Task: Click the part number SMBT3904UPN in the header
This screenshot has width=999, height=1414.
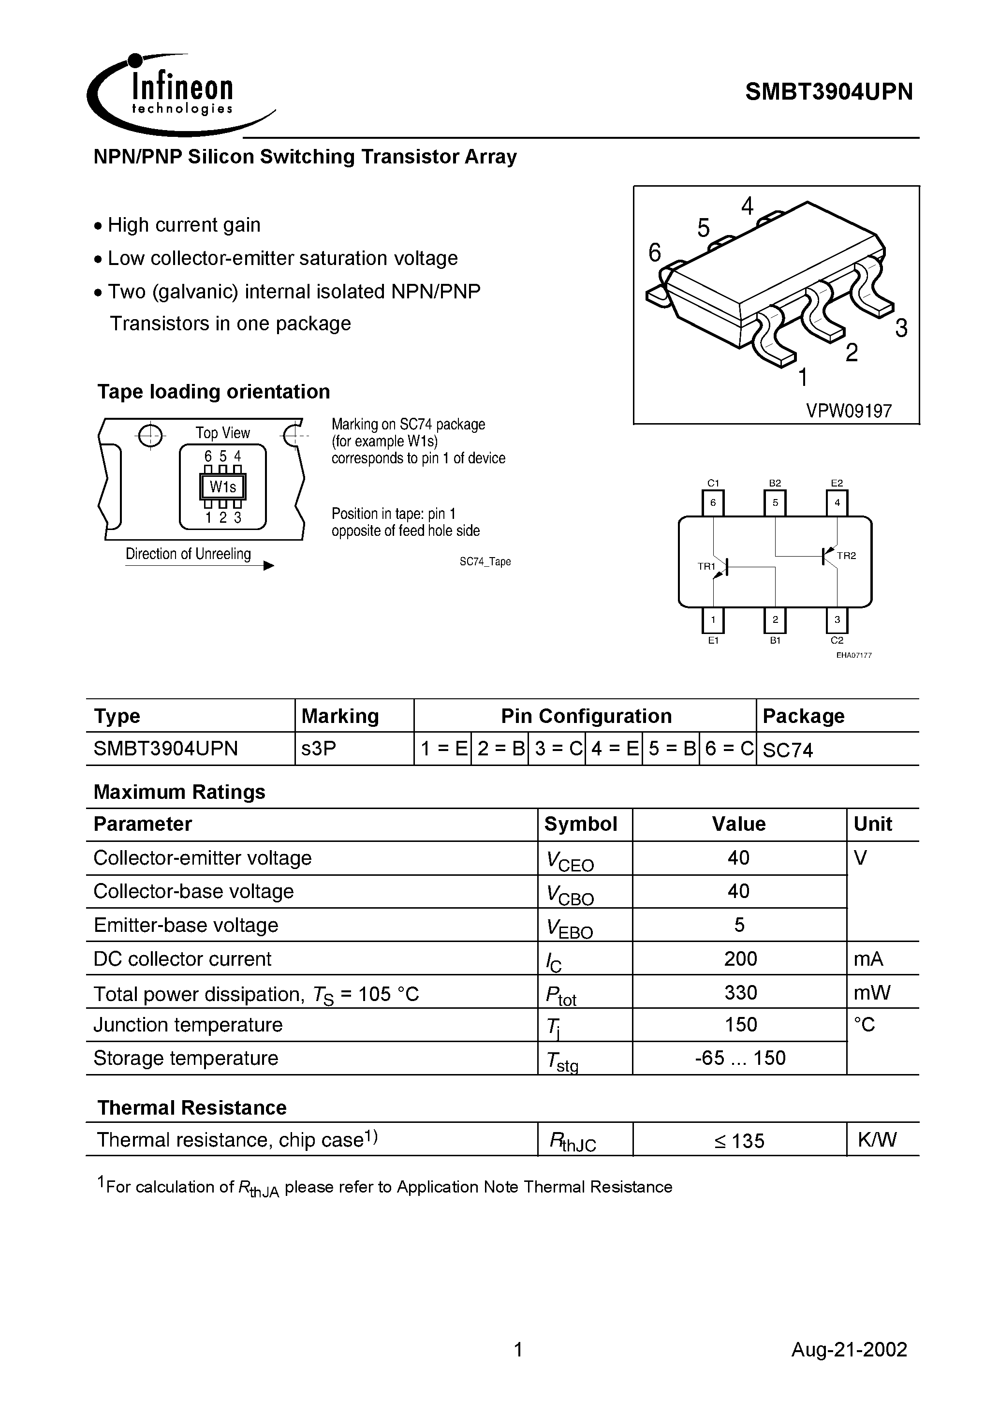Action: [x=828, y=92]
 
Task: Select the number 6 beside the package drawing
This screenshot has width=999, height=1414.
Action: [x=655, y=252]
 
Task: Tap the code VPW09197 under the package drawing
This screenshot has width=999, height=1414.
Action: [x=849, y=411]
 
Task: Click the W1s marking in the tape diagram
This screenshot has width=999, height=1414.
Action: [x=222, y=487]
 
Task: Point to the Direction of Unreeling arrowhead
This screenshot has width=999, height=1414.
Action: [x=268, y=566]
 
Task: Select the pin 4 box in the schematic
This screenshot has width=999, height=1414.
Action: [x=837, y=502]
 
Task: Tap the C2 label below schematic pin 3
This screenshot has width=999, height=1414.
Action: [x=837, y=640]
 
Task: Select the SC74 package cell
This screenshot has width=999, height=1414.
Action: [x=788, y=750]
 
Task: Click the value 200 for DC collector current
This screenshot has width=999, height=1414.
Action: [x=740, y=958]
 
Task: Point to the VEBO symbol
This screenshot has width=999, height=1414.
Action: [x=569, y=928]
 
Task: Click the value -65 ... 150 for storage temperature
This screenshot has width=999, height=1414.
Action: [x=740, y=1058]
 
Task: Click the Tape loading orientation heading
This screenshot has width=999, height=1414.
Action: [x=214, y=392]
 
